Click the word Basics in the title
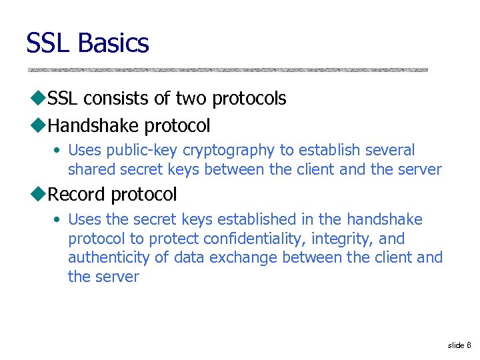tap(113, 43)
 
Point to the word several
tap(389, 151)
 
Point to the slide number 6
tap(469, 345)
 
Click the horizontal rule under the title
tap(227, 70)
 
